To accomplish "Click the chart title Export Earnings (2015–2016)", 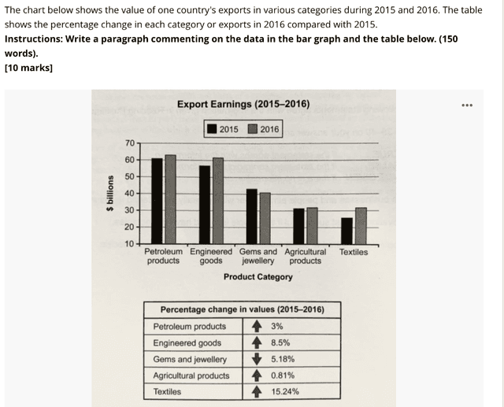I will (243, 104).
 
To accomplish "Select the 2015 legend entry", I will (223, 129).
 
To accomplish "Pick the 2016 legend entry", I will (263, 129).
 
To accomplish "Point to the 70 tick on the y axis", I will (129, 142).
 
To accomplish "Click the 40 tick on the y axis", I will (129, 193).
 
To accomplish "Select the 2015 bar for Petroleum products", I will (157, 201).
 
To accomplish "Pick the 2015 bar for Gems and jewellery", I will (251, 216).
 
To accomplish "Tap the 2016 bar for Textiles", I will (361, 226).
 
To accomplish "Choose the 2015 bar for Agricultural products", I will (298, 226).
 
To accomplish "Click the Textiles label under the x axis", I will (353, 252).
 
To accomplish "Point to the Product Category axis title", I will (258, 277).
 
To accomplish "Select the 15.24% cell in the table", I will (284, 391).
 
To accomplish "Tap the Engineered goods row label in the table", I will (187, 342).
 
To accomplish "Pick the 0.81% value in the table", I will (282, 376).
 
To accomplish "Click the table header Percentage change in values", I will (242, 309).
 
